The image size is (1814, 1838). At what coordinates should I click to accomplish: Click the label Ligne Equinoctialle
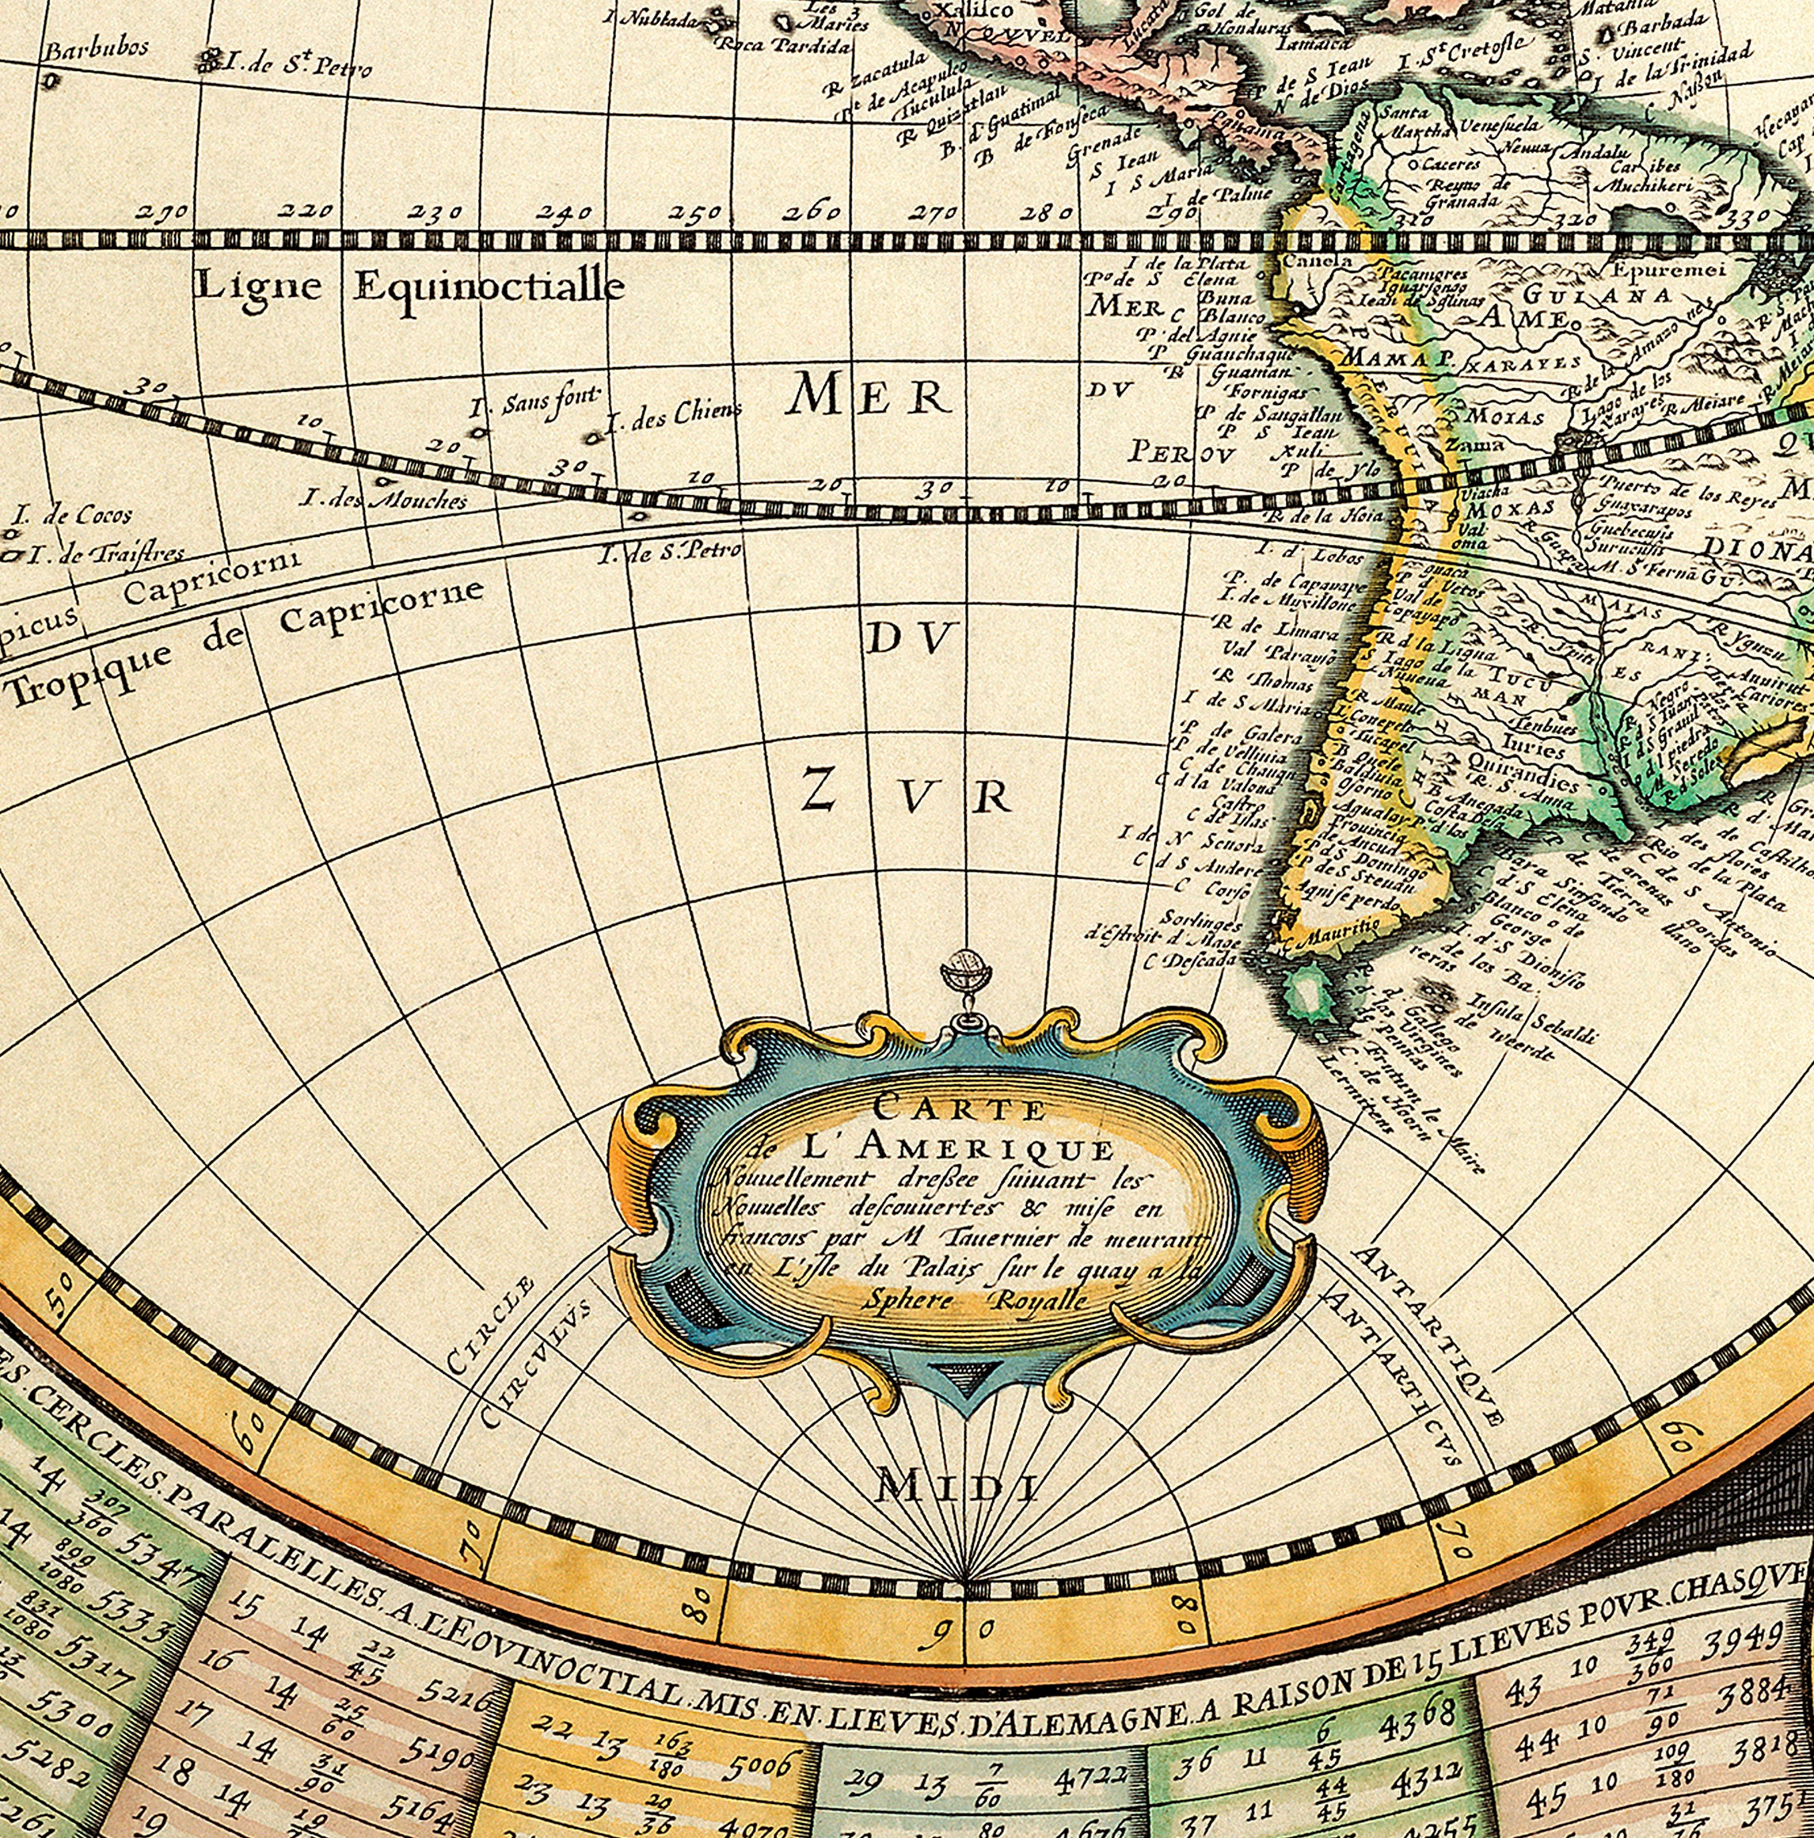click(x=409, y=285)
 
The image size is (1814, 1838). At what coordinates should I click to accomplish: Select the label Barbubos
click(x=97, y=48)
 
